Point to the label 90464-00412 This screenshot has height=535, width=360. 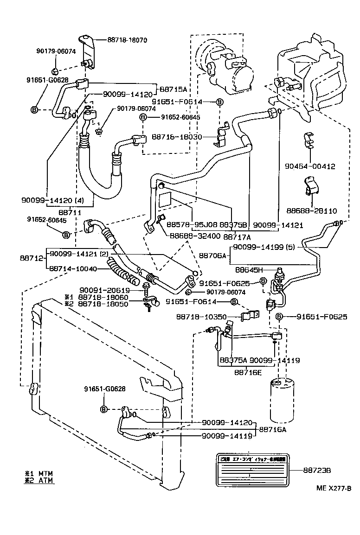(310, 166)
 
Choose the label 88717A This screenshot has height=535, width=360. (237, 236)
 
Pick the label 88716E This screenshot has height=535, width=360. (247, 372)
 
